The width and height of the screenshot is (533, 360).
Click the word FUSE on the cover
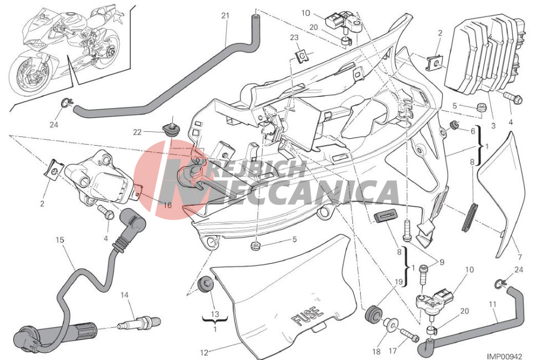tap(307, 316)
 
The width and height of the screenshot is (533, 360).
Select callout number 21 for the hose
tap(225, 16)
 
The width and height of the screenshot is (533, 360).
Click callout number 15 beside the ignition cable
tap(60, 240)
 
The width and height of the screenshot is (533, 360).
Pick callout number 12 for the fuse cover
tap(204, 353)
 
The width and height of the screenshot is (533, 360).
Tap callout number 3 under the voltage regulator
tap(493, 126)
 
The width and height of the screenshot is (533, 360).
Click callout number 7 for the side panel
tap(519, 257)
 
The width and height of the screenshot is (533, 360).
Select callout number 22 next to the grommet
tap(137, 132)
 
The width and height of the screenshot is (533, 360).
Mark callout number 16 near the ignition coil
tap(167, 205)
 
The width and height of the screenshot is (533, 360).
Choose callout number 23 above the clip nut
tap(294, 38)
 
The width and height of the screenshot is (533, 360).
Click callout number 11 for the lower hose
tap(493, 304)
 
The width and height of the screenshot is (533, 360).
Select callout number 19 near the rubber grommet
tap(398, 282)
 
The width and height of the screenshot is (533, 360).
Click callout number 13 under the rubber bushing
tap(215, 315)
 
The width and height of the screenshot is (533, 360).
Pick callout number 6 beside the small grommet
tap(473, 131)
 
